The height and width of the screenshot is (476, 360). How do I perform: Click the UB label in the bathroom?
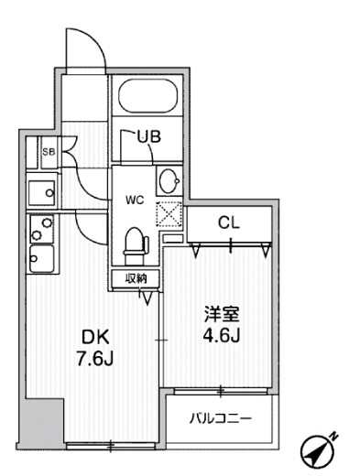click(x=148, y=136)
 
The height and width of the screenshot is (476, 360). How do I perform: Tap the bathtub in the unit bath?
click(x=148, y=95)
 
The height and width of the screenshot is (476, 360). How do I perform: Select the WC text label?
click(x=135, y=200)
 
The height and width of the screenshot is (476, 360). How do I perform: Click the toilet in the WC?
click(x=136, y=246)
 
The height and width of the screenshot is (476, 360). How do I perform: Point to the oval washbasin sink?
click(x=169, y=181)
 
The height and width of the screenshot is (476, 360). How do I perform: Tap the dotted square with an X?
click(x=169, y=214)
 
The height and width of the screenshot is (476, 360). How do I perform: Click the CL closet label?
click(x=229, y=223)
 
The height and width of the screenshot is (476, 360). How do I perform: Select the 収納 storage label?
click(x=136, y=278)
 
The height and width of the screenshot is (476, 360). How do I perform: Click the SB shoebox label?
click(x=49, y=152)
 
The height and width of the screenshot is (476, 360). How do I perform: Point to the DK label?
click(x=94, y=338)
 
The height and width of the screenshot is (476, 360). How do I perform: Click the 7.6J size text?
click(x=95, y=359)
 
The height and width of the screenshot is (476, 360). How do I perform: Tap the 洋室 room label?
click(x=222, y=315)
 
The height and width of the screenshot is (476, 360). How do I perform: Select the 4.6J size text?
click(x=222, y=336)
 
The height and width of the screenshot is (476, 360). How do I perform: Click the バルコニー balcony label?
click(x=221, y=418)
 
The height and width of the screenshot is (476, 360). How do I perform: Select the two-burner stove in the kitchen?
click(x=42, y=229)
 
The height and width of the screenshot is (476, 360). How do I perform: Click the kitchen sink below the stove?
click(x=42, y=258)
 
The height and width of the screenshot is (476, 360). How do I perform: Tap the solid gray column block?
click(x=41, y=422)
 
